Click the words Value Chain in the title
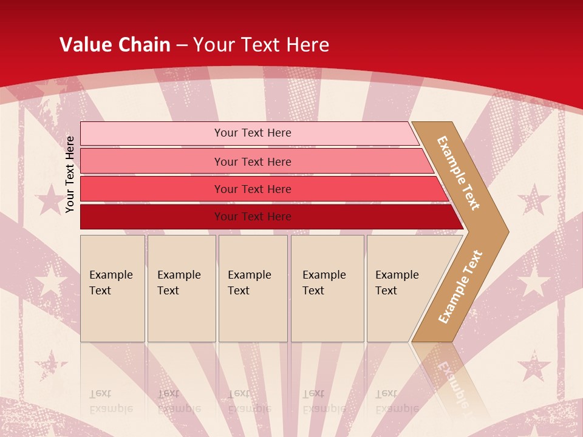tap(115, 45)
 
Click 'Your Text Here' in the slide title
tap(261, 45)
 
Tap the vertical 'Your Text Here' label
tap(70, 174)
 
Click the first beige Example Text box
tap(112, 288)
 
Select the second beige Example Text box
tap(181, 288)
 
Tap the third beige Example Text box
tap(253, 288)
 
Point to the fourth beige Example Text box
tap(327, 288)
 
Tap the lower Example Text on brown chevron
tap(460, 287)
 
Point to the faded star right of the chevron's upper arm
tap(534, 200)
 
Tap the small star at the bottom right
tap(533, 366)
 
